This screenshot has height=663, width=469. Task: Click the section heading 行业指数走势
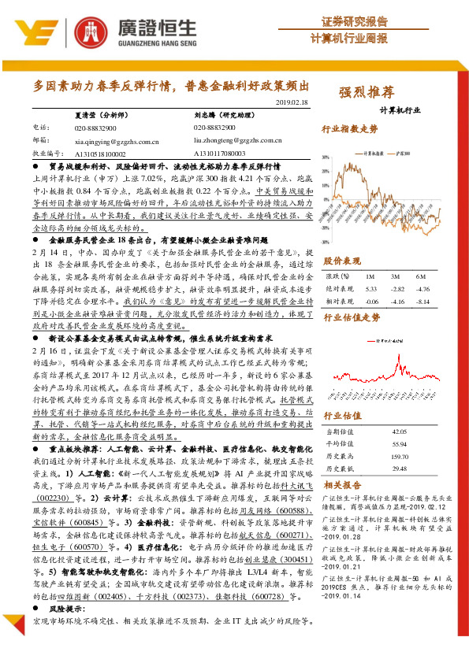(352, 128)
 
